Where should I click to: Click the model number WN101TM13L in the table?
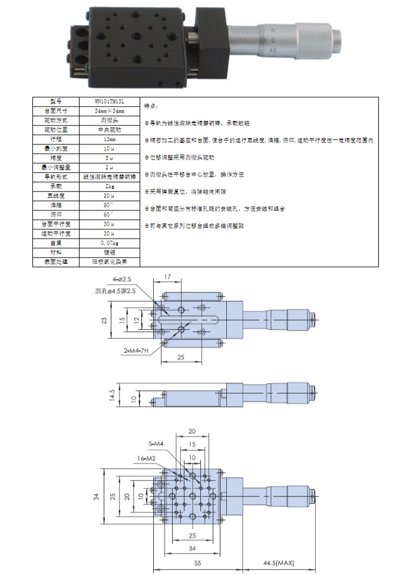pyautogui.click(x=109, y=101)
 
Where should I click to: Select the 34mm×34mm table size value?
pyautogui.click(x=109, y=110)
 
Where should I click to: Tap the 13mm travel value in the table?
pyautogui.click(x=109, y=139)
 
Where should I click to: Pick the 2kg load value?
pyautogui.click(x=109, y=186)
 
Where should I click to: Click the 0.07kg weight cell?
pyautogui.click(x=109, y=242)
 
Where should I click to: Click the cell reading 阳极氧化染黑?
pyautogui.click(x=109, y=261)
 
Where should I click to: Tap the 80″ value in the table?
pyautogui.click(x=109, y=205)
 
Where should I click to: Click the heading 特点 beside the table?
pyautogui.click(x=151, y=106)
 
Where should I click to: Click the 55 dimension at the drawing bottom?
pyautogui.click(x=198, y=564)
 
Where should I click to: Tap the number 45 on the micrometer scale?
pyautogui.click(x=273, y=50)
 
